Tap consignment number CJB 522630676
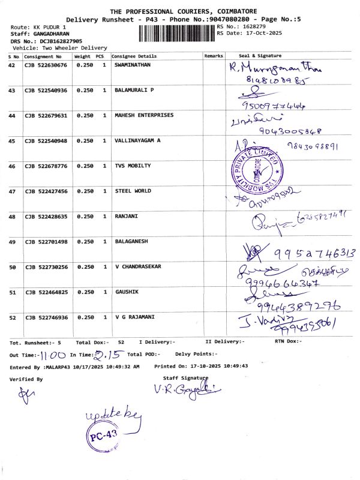[46, 64]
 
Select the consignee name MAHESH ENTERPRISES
[144, 115]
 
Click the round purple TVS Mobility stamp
[256, 169]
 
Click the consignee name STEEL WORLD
[133, 191]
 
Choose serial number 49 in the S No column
[12, 241]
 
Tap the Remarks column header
[214, 55]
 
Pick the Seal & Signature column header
[260, 55]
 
